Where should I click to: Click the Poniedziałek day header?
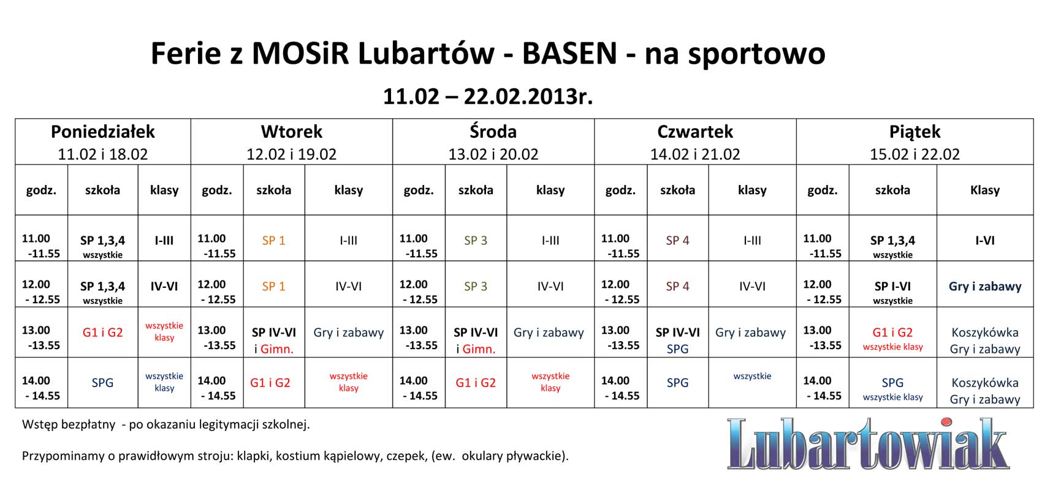pos(102,132)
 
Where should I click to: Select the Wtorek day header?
pos(291,132)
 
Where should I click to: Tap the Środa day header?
pos(493,131)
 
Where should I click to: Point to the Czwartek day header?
pos(695,132)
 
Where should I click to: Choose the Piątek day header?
pos(915,132)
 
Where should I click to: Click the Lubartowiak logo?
pos(868,444)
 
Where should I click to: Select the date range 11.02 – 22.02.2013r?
pos(488,97)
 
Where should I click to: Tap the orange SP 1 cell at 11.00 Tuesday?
pos(273,240)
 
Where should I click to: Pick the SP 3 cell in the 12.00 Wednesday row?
pos(476,287)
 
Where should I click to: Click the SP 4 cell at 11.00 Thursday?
pos(677,240)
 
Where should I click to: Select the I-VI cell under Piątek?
pos(985,240)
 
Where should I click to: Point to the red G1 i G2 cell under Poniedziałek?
pos(102,333)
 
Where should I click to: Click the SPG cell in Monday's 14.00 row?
pos(102,383)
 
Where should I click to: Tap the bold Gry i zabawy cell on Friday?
pos(985,287)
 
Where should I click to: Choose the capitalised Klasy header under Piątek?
pos(985,190)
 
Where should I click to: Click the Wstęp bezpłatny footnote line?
pos(165,424)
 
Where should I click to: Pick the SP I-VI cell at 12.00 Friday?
pos(892,287)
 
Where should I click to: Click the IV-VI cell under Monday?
pos(164,287)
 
